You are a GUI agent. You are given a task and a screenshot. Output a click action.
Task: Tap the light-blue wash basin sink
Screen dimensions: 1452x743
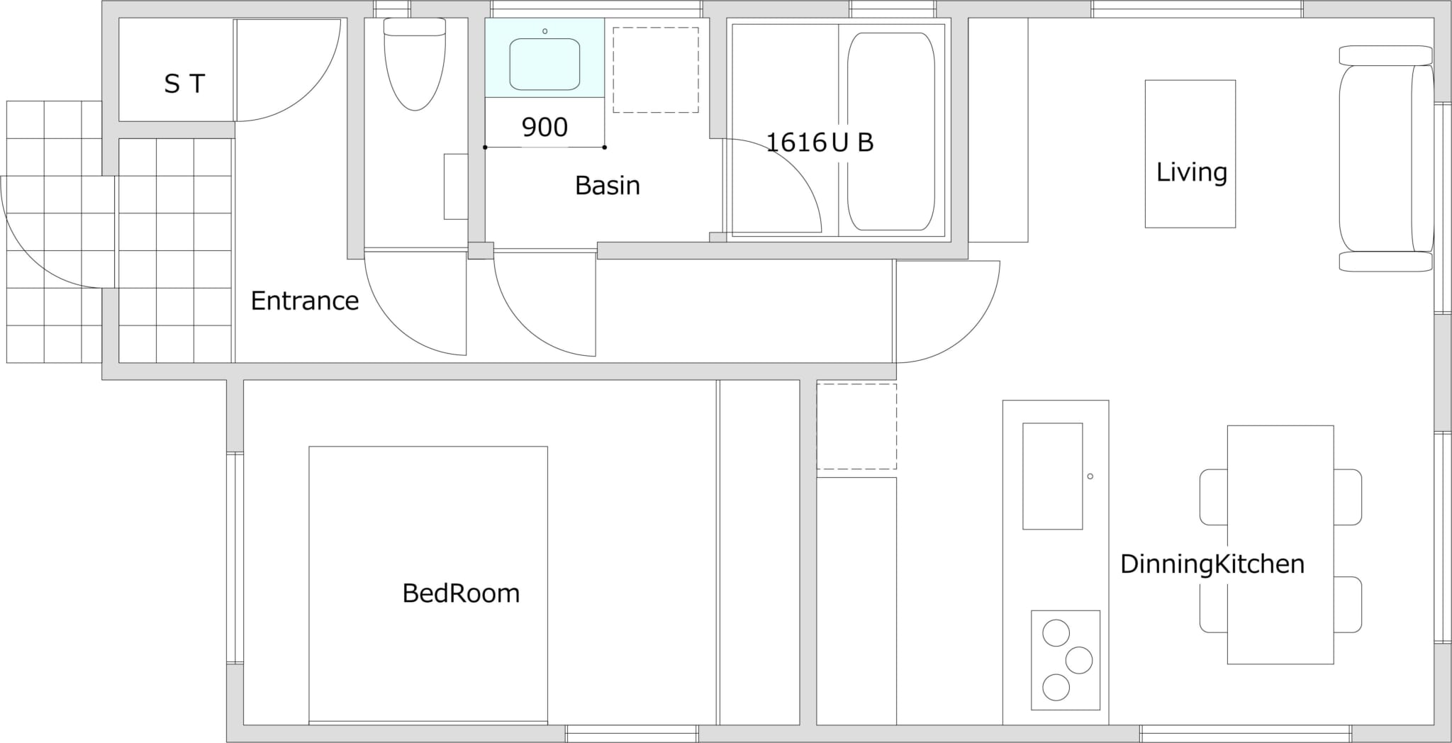click(544, 64)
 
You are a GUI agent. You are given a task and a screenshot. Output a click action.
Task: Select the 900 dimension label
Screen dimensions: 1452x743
click(544, 128)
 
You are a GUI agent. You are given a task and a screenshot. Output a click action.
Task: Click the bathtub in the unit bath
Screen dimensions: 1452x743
click(891, 132)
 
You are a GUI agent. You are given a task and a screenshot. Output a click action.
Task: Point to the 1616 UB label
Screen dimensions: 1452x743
click(820, 143)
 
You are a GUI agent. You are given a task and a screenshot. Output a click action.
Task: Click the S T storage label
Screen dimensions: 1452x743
click(184, 84)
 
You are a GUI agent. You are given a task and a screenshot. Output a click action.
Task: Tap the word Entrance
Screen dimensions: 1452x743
click(305, 301)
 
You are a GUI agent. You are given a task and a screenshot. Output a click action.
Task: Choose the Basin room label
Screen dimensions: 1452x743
click(608, 186)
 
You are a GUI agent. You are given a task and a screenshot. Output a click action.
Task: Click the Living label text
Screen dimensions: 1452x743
click(1191, 172)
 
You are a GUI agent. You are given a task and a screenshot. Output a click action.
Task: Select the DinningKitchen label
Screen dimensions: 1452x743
click(1212, 564)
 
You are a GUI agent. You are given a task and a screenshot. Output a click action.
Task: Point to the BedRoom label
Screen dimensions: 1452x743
click(461, 593)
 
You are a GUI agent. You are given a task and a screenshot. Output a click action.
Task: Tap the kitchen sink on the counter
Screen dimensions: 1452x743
click(1053, 476)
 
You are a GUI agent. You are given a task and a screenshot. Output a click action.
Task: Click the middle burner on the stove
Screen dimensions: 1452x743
click(1079, 660)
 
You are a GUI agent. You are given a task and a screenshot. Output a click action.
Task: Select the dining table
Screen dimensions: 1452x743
click(1280, 544)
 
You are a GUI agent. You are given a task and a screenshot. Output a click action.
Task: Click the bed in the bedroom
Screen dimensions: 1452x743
click(428, 586)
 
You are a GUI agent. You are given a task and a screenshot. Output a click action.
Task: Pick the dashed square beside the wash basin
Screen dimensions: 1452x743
click(656, 70)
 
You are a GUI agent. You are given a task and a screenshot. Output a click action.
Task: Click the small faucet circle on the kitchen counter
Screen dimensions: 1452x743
click(1090, 476)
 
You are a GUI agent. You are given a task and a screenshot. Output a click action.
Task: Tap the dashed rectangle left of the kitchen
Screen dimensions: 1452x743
click(856, 427)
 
